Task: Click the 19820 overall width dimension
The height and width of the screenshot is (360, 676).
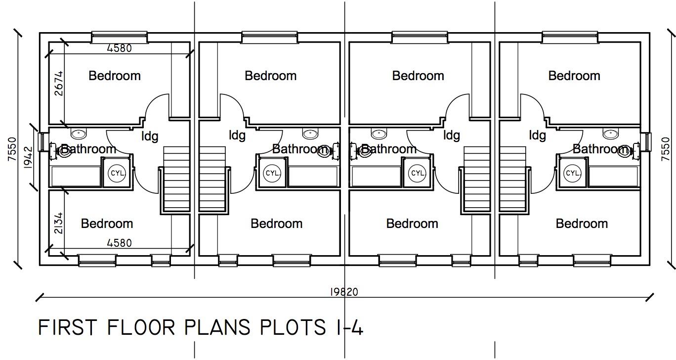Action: coord(344,292)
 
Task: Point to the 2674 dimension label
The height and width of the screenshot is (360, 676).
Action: coord(58,84)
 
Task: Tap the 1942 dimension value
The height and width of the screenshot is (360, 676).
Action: coord(28,157)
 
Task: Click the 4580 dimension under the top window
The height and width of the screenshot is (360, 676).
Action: coord(120,48)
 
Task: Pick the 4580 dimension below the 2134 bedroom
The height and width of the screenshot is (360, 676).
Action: coord(120,243)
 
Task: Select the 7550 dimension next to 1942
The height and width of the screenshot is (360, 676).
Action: coord(12,149)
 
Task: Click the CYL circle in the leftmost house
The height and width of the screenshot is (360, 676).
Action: coord(117,174)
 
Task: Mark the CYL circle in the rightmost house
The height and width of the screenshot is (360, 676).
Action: coord(573,174)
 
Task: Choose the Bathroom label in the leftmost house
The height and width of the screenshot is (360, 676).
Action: coord(88,149)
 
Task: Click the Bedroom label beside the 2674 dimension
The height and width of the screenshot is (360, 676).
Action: coord(115,76)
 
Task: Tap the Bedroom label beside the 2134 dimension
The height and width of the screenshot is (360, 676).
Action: coord(107,224)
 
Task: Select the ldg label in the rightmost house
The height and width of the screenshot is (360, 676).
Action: coord(538,135)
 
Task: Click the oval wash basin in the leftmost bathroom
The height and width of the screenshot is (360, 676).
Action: coord(79,133)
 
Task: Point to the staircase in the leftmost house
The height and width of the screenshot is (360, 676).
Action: coord(176,179)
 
